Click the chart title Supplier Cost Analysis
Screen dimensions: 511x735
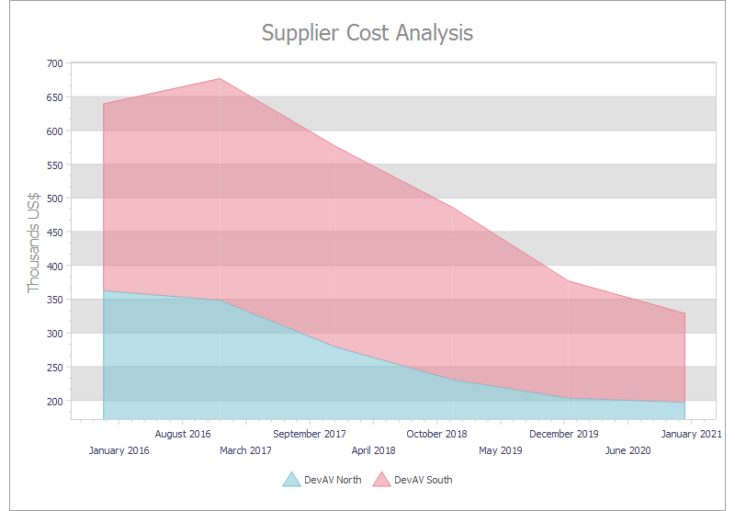coord(367,33)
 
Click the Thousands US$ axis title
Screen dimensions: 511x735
coord(34,243)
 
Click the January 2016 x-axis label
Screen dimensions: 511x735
coord(119,450)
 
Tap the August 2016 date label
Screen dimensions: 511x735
coord(183,434)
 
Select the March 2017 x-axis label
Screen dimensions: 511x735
coord(246,450)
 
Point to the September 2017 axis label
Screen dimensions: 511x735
coord(310,434)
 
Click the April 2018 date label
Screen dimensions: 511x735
coord(373,450)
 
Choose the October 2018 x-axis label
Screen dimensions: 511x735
coord(436,434)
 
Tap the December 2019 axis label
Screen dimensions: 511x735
coord(564,434)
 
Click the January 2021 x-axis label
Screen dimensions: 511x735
coord(691,434)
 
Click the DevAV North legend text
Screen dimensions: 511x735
coord(333,480)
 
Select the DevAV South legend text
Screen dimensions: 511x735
coord(424,480)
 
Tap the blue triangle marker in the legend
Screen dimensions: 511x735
coord(291,479)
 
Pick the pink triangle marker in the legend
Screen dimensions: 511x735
coord(382,479)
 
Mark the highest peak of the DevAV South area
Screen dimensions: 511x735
coord(220,79)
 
